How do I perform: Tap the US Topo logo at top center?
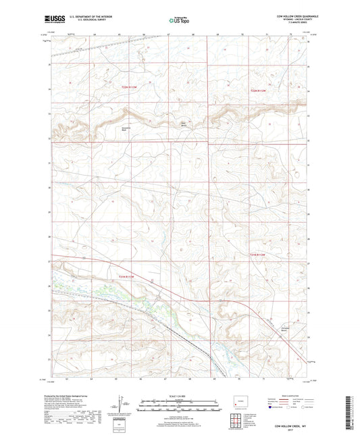click(x=178, y=20)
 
